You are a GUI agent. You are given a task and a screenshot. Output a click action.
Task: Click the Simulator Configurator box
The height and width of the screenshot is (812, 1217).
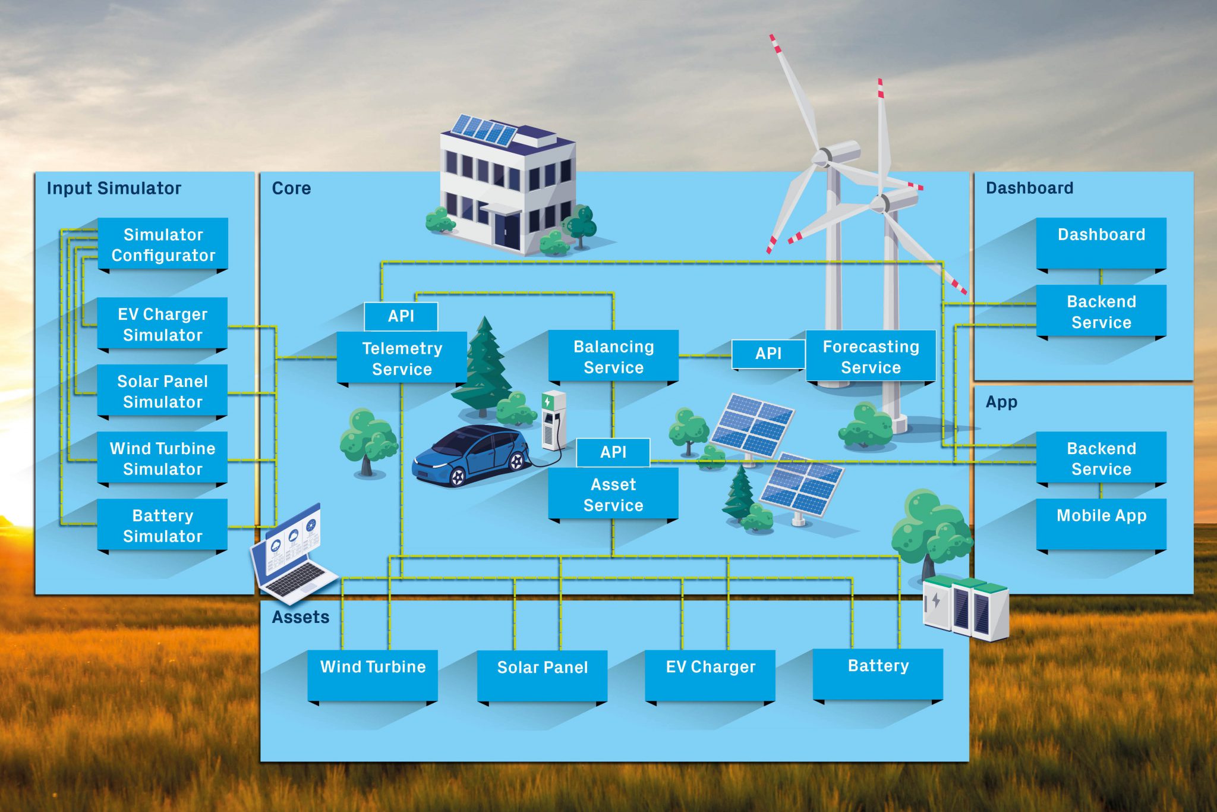(163, 244)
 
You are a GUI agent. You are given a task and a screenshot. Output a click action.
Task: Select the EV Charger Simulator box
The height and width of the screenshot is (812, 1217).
(163, 324)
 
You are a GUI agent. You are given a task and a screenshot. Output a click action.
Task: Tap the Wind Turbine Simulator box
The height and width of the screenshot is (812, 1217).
(163, 458)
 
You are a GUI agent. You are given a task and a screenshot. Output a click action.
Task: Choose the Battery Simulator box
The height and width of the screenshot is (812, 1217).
(163, 525)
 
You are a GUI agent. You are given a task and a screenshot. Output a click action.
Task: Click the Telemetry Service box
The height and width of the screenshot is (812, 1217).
(402, 358)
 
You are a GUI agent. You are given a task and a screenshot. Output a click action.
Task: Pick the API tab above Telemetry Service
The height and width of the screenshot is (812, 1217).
(401, 316)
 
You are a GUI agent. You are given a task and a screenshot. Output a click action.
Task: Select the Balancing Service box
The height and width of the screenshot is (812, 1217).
(613, 357)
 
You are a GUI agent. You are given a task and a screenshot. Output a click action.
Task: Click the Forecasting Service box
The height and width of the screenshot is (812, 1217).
(871, 357)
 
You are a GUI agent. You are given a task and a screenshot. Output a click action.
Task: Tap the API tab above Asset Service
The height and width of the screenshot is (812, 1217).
(613, 452)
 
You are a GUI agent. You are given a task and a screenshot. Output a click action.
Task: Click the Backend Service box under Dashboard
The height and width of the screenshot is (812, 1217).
(1101, 311)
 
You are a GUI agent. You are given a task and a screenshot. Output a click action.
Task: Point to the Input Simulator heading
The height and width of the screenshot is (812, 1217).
(114, 188)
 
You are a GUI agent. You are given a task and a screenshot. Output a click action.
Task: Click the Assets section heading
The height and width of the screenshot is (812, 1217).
(301, 617)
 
